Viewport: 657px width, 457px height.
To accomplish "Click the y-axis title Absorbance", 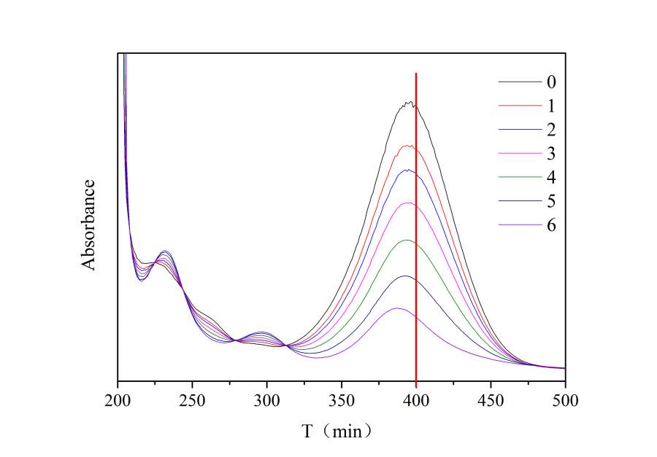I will (x=89, y=224).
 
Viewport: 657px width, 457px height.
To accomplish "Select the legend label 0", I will (x=550, y=82).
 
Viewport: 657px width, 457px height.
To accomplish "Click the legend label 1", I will (x=550, y=106).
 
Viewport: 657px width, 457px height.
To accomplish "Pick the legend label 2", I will (x=550, y=130).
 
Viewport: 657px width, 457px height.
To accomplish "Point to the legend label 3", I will (x=550, y=154).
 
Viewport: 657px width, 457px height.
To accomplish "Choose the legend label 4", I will (x=550, y=177).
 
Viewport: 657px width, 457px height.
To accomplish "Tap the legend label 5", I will (x=550, y=201).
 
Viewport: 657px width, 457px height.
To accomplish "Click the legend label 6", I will (x=550, y=225).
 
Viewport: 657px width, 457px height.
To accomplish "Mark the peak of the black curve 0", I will (x=409, y=103).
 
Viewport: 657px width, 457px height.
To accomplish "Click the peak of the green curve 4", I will (x=407, y=240).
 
